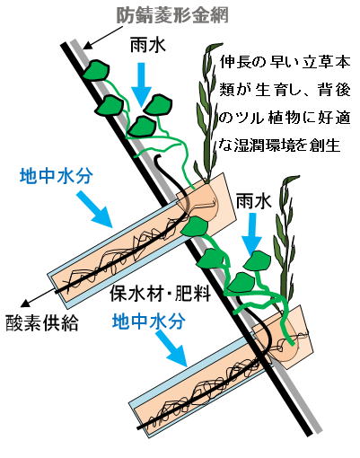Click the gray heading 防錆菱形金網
pyautogui.click(x=172, y=15)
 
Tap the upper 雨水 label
pyautogui.click(x=148, y=47)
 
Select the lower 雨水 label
pyautogui.click(x=254, y=201)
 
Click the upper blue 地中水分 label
pyautogui.click(x=57, y=176)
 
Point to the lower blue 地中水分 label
pyautogui.click(x=149, y=321)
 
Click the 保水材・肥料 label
pyautogui.click(x=161, y=293)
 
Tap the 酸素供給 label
pyautogui.click(x=42, y=323)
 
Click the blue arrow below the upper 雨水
pyautogui.click(x=142, y=84)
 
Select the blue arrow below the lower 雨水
pyautogui.click(x=251, y=234)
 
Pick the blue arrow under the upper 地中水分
pyautogui.click(x=94, y=209)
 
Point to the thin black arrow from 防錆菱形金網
pyautogui.click(x=102, y=38)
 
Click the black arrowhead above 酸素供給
pyautogui.click(x=25, y=303)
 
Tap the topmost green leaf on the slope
pyautogui.click(x=96, y=70)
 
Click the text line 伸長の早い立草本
pyautogui.click(x=285, y=63)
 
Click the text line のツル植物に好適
pyautogui.click(x=285, y=118)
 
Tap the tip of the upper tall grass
pyautogui.click(x=223, y=44)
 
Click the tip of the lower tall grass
pyautogui.click(x=299, y=177)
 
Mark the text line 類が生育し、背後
pyautogui.click(x=285, y=91)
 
